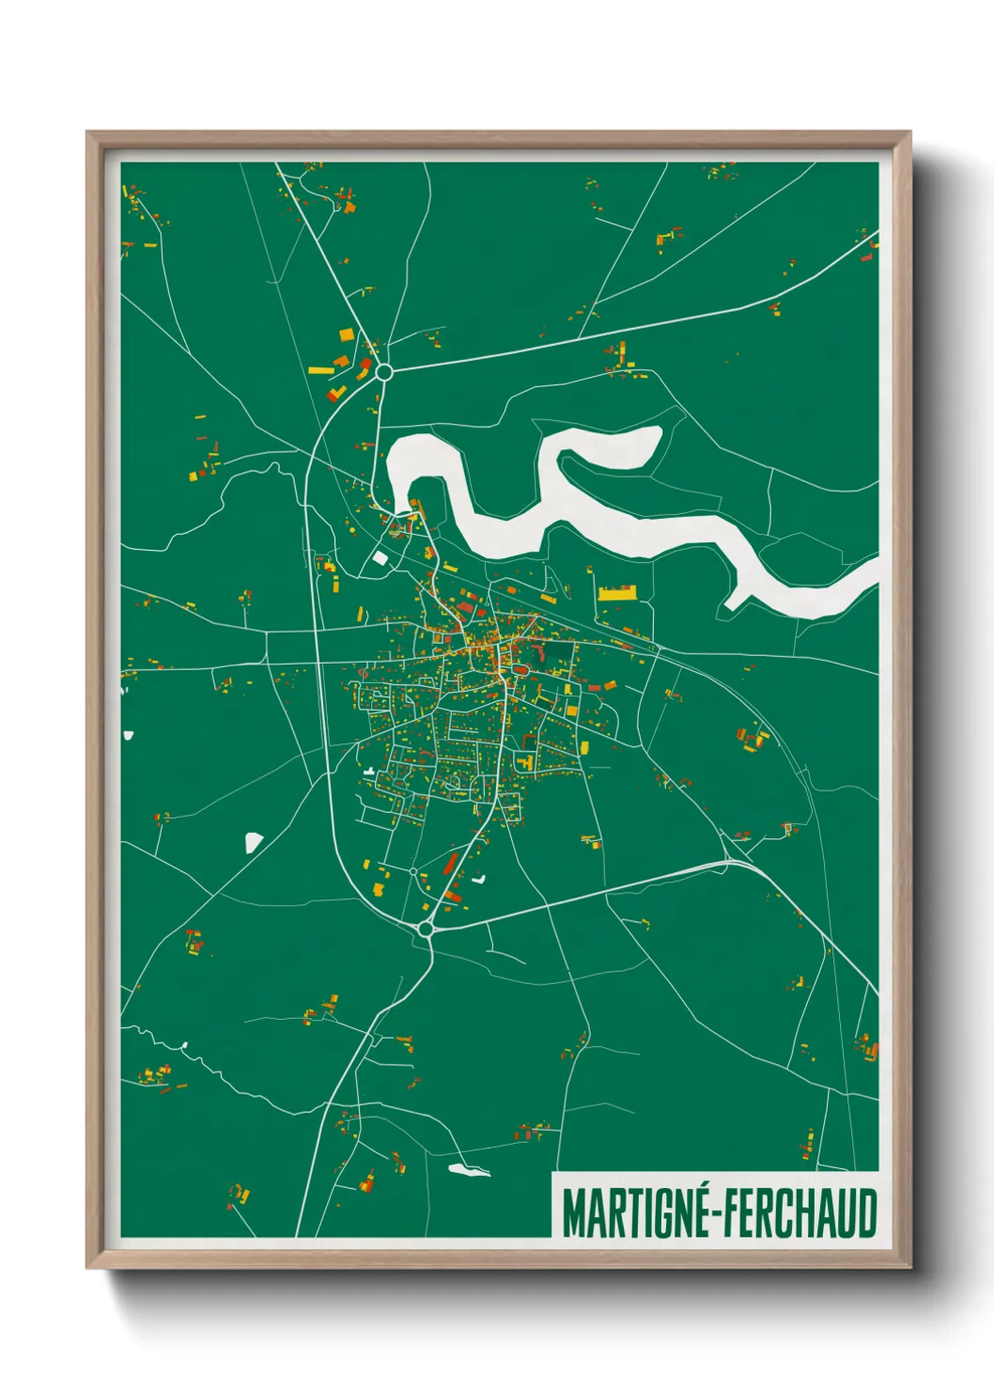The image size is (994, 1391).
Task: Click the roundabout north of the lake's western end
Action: point(383,372)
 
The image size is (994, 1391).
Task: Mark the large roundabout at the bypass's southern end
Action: point(426,930)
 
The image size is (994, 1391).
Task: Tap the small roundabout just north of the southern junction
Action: point(413,872)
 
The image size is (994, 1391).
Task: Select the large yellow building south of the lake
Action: point(617,593)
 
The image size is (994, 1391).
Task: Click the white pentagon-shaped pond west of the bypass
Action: point(253,842)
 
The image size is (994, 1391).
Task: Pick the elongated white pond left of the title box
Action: point(469,1170)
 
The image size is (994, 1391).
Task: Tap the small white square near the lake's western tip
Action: point(380,557)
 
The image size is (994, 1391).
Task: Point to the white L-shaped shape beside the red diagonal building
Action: point(479,880)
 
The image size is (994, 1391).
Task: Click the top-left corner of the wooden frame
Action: point(88,133)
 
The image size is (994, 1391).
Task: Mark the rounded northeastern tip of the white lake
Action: point(655,436)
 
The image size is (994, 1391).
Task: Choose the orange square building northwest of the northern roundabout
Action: point(346,335)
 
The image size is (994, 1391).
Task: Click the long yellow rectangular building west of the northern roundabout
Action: point(320,370)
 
